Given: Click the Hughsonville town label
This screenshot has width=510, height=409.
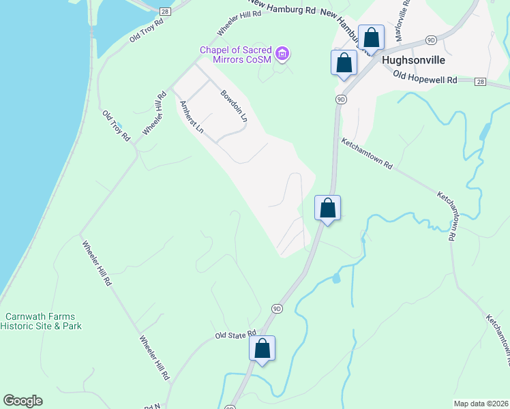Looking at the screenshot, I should [414, 60].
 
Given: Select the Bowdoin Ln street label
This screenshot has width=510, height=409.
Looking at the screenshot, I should [233, 105].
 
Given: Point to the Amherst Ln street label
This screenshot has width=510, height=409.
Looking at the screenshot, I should [191, 117].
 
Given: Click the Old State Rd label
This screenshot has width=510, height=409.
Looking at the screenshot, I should [235, 335].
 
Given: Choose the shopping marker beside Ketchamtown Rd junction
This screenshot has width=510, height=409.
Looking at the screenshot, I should [327, 208].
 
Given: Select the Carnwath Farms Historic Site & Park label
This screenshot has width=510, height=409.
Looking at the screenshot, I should [42, 321].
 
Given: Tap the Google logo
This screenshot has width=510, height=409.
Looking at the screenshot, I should [22, 401].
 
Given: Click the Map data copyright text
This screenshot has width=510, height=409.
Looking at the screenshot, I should [481, 404].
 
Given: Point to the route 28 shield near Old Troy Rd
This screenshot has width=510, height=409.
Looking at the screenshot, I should [164, 12].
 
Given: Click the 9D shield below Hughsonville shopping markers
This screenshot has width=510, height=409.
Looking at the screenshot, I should [341, 99].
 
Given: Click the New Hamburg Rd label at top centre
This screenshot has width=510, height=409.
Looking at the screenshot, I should [280, 10].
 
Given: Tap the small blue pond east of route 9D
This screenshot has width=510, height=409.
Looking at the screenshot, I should [335, 278].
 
